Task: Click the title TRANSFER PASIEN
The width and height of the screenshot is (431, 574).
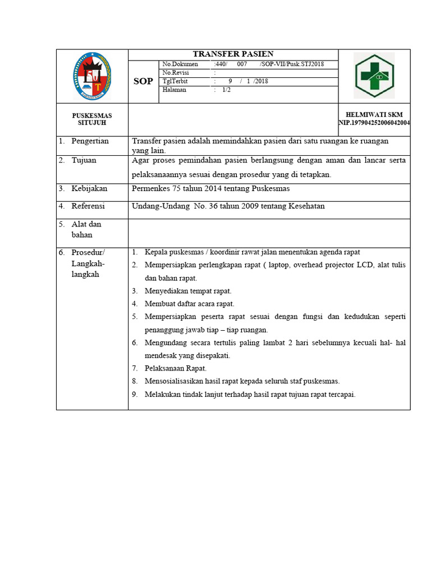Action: [x=233, y=54]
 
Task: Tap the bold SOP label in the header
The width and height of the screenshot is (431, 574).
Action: [x=143, y=82]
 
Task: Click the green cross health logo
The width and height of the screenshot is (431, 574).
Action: [x=374, y=76]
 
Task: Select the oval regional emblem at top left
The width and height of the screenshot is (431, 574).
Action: [x=92, y=76]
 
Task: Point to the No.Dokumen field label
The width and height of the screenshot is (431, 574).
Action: [x=180, y=64]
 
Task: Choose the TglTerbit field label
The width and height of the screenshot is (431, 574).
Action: [x=175, y=81]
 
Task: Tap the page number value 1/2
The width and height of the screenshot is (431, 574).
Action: [x=226, y=90]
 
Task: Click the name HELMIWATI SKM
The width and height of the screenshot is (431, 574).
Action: [x=374, y=114]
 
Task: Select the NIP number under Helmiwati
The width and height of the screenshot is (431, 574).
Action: [x=374, y=122]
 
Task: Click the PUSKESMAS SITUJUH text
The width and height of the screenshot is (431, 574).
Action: [x=92, y=119]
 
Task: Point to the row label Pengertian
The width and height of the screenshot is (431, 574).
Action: [x=90, y=141]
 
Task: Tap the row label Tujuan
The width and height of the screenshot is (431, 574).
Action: [x=84, y=160]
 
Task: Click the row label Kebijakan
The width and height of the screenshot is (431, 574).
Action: [x=89, y=188]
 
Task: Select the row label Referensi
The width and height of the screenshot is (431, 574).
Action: [x=88, y=206]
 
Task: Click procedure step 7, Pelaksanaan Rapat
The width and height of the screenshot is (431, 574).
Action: [x=176, y=368]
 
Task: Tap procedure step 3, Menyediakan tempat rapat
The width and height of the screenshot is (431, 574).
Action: [x=188, y=291]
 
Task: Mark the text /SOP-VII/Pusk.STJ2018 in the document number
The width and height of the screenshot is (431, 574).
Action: [x=291, y=64]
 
